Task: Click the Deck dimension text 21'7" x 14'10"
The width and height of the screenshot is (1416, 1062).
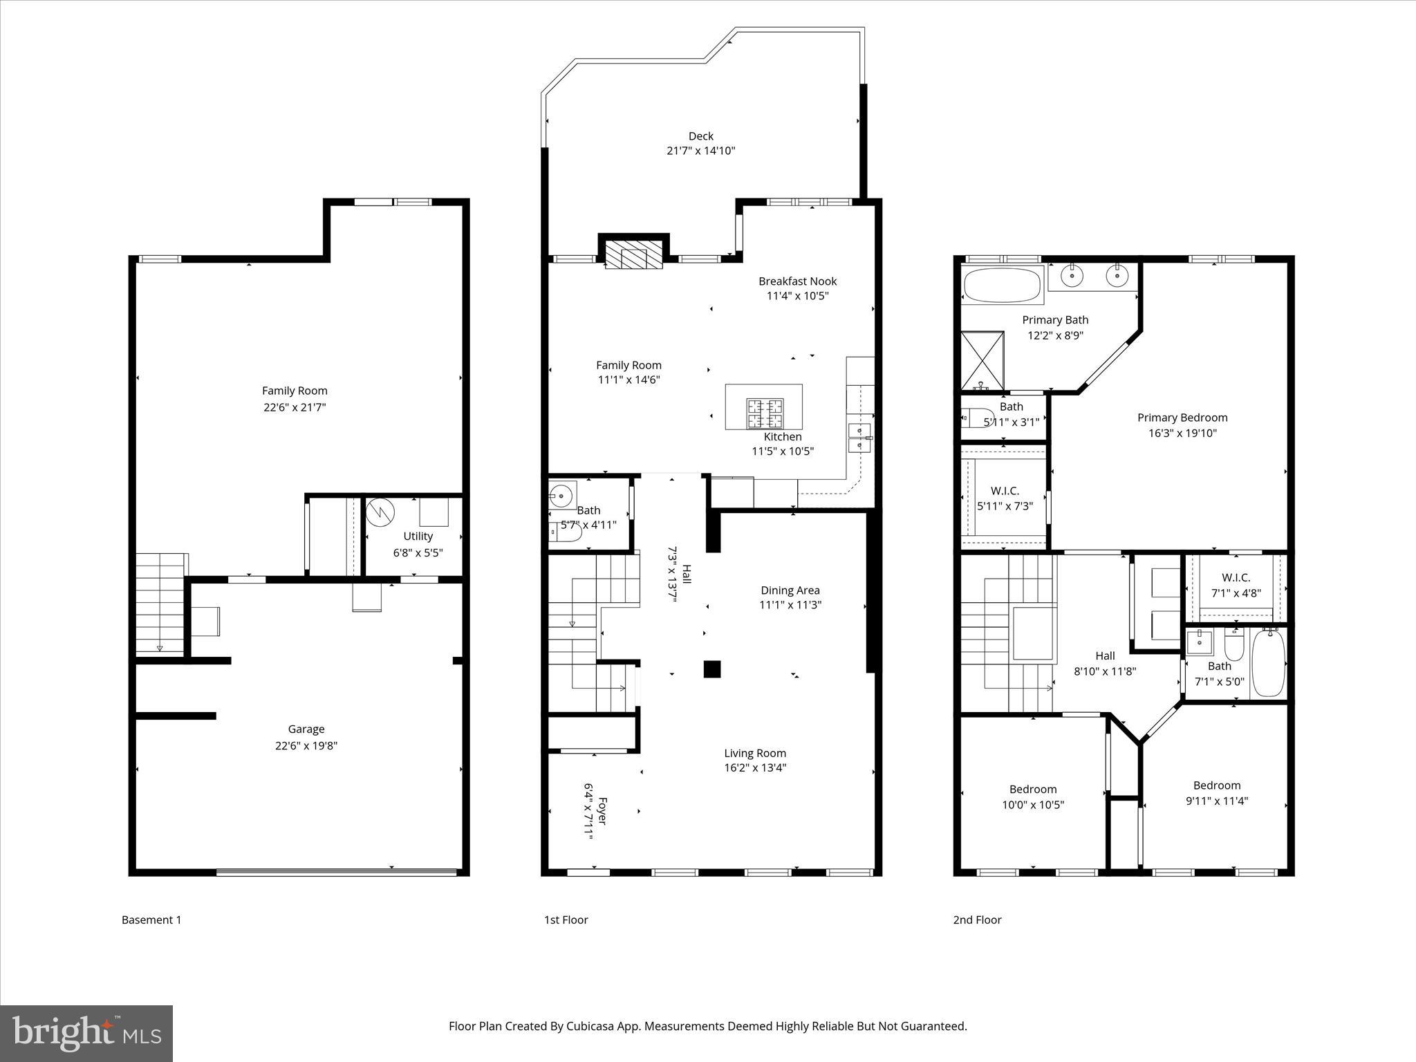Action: pos(700,151)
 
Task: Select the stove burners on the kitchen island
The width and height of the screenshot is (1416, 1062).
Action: pos(764,413)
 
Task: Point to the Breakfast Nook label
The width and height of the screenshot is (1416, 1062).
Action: pos(797,281)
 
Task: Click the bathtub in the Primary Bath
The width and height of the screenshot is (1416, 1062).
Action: pos(1002,285)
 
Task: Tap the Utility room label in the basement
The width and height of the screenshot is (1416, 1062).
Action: pos(418,536)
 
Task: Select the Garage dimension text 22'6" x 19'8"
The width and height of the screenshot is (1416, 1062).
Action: pos(306,745)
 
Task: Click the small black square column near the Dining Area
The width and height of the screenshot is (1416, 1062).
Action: pos(712,669)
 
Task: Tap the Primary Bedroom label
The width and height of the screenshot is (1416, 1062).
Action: pos(1182,418)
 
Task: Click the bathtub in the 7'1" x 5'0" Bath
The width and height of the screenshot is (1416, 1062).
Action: pos(1268,662)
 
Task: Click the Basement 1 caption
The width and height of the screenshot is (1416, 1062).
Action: pos(151,920)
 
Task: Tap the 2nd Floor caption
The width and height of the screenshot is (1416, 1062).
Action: pos(977,920)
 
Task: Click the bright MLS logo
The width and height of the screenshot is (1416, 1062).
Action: pos(86,1033)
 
